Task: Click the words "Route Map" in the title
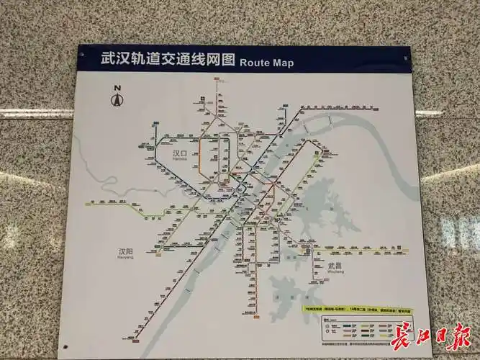266,62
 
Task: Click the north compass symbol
116,99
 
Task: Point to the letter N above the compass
116,89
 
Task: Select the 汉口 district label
179,153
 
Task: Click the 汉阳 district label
126,252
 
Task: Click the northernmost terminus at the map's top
217,81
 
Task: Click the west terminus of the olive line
88,204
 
